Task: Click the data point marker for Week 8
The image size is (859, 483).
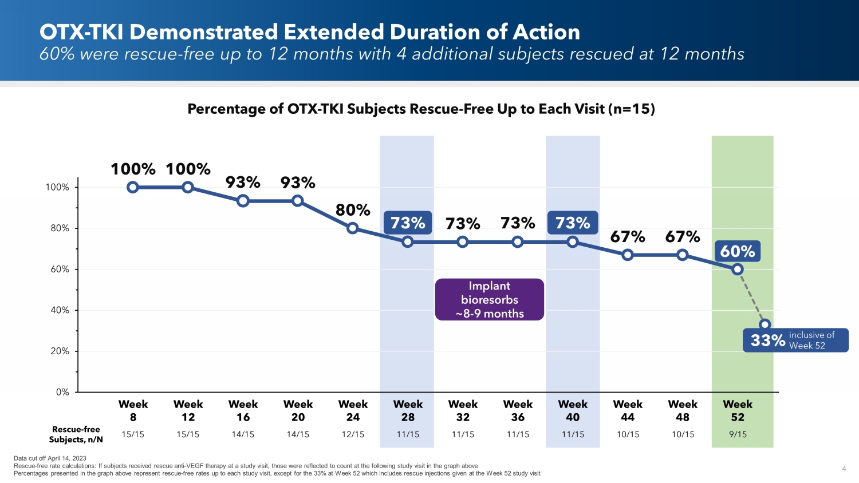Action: coord(133,187)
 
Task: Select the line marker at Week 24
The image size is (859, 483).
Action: coord(353,228)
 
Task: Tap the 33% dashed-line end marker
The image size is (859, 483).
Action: coord(765,324)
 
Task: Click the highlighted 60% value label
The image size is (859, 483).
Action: coord(738,251)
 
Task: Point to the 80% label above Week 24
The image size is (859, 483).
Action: coord(353,210)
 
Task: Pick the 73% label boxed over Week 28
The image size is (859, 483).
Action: coord(408,223)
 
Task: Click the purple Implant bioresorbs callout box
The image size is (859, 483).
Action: coord(490,299)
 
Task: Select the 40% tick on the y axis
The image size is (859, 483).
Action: coord(60,310)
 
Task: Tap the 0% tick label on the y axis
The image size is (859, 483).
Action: coord(62,392)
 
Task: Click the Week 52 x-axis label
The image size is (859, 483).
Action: coord(738,411)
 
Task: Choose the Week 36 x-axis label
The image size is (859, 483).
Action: coord(518,411)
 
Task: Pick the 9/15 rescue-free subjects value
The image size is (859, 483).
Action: coord(738,434)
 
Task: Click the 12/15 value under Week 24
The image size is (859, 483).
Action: coord(353,434)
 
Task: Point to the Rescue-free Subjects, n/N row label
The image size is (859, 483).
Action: coord(76,434)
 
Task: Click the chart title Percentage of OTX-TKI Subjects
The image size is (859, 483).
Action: coord(421,109)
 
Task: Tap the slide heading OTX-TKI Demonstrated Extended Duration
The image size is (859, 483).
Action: coord(309,32)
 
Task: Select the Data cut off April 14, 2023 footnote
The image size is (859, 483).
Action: coord(50,458)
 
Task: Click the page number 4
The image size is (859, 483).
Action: coord(844,469)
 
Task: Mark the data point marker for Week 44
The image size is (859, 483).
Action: coord(628,255)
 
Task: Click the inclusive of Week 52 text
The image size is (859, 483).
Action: coord(811,340)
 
